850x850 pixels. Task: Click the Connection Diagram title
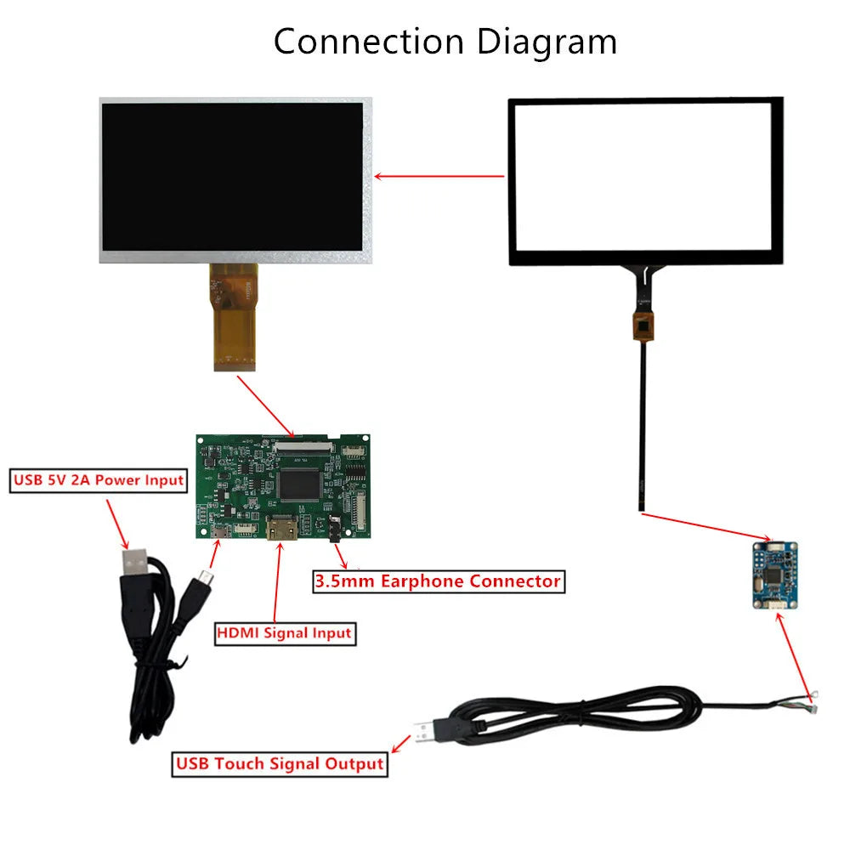(x=445, y=41)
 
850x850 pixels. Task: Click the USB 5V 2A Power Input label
(x=99, y=480)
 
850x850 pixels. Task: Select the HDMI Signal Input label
(x=284, y=632)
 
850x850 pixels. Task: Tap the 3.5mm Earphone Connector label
(x=438, y=581)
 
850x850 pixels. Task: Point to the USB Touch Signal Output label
(x=280, y=763)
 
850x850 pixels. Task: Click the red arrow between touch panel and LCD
(x=439, y=177)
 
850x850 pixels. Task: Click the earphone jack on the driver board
(x=336, y=530)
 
